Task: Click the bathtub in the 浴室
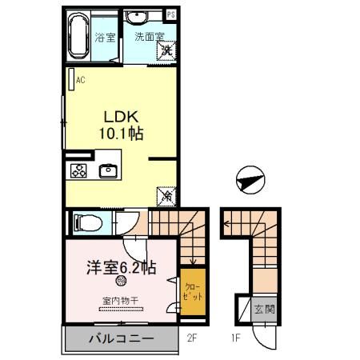78,35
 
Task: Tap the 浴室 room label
105,38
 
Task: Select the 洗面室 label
149,37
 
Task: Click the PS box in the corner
170,14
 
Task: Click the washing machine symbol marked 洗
166,51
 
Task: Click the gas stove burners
79,170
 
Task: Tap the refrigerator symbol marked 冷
167,194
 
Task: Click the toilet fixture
83,222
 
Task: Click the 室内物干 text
120,302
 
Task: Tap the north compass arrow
250,181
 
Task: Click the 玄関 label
263,309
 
